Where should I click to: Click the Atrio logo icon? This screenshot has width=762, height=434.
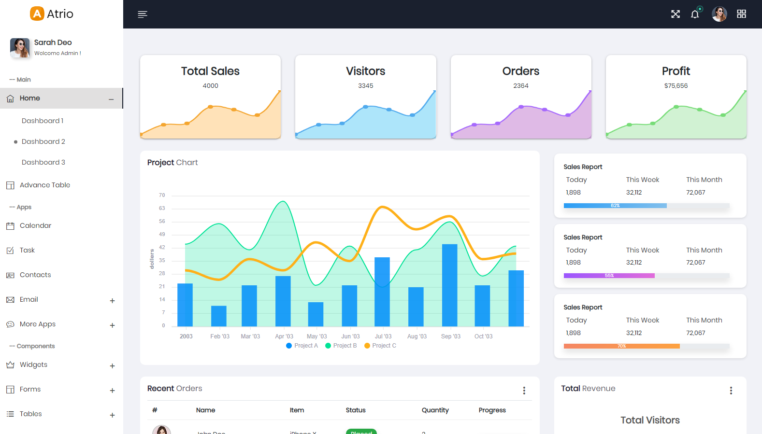pyautogui.click(x=37, y=14)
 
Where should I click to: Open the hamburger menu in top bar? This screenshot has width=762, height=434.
pyautogui.click(x=142, y=14)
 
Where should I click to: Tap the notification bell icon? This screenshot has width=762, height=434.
pyautogui.click(x=695, y=14)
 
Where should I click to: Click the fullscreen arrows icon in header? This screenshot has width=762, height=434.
pyautogui.click(x=676, y=14)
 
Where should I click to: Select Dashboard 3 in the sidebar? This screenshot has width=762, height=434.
pyautogui.click(x=43, y=162)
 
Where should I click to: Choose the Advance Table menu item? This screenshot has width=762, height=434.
pyautogui.click(x=44, y=185)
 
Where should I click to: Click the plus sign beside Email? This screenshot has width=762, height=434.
pyautogui.click(x=112, y=301)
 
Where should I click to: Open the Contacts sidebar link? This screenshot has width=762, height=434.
pyautogui.click(x=35, y=275)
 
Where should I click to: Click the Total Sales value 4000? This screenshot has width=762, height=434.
pyautogui.click(x=210, y=86)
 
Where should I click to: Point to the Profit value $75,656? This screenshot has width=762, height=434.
pyautogui.click(x=676, y=86)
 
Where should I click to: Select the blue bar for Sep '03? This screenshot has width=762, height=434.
pyautogui.click(x=449, y=285)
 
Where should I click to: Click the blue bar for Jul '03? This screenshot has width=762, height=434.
pyautogui.click(x=382, y=292)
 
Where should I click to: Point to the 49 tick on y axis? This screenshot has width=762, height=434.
pyautogui.click(x=162, y=234)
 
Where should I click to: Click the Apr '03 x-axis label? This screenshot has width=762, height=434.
pyautogui.click(x=284, y=336)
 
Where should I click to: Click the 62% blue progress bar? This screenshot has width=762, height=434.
pyautogui.click(x=615, y=206)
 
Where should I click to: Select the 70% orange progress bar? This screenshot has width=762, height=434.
pyautogui.click(x=621, y=346)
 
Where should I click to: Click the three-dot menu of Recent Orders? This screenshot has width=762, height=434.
pyautogui.click(x=524, y=391)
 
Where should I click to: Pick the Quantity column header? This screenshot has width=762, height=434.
pyautogui.click(x=435, y=410)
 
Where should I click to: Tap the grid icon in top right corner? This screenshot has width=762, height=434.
pyautogui.click(x=741, y=14)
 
